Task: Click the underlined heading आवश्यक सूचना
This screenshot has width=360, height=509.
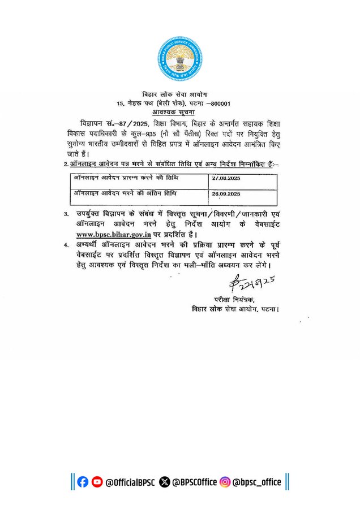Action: coord(179,114)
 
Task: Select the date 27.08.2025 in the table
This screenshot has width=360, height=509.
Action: coord(227,178)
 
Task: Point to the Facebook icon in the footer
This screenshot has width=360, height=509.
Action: coord(83,482)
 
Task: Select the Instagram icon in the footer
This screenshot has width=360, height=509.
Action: coord(225,482)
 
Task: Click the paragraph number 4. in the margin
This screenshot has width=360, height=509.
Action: coord(67,245)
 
